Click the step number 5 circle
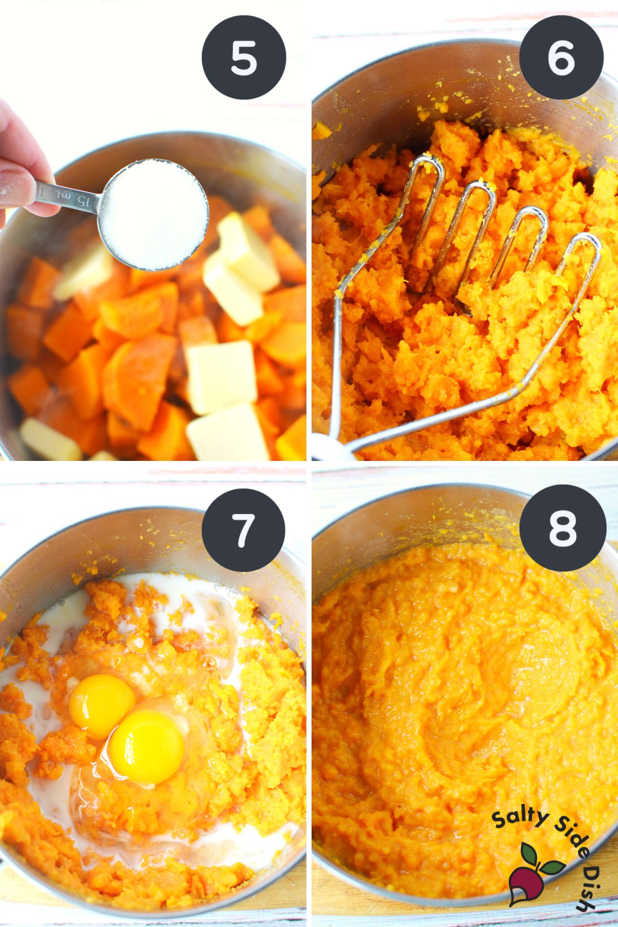[x=244, y=58]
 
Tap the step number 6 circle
[x=561, y=58]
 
